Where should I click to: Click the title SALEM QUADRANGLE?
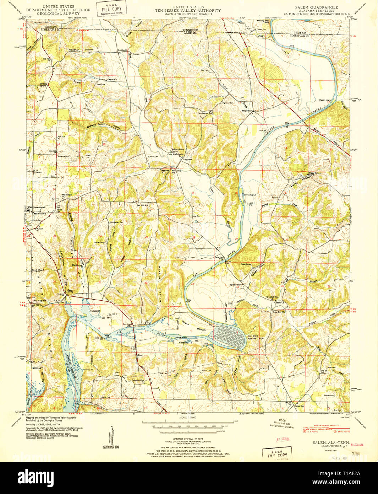pyautogui.click(x=316, y=7)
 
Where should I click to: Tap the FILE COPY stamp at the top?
pyautogui.click(x=111, y=10)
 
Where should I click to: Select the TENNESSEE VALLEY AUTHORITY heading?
pyautogui.click(x=188, y=11)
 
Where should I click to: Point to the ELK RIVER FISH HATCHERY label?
pyautogui.click(x=256, y=337)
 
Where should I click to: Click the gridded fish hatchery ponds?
pyautogui.click(x=230, y=337)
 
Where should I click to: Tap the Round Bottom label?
pyautogui.click(x=193, y=326)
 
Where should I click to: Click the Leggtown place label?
pyautogui.click(x=187, y=160)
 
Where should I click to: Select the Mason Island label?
pyautogui.click(x=325, y=100)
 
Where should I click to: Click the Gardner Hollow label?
pyautogui.click(x=81, y=50)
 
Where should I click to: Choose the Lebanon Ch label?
pyautogui.click(x=137, y=380)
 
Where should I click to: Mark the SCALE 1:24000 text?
pyautogui.click(x=188, y=417)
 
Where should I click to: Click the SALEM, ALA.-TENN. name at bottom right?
pyautogui.click(x=329, y=442)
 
